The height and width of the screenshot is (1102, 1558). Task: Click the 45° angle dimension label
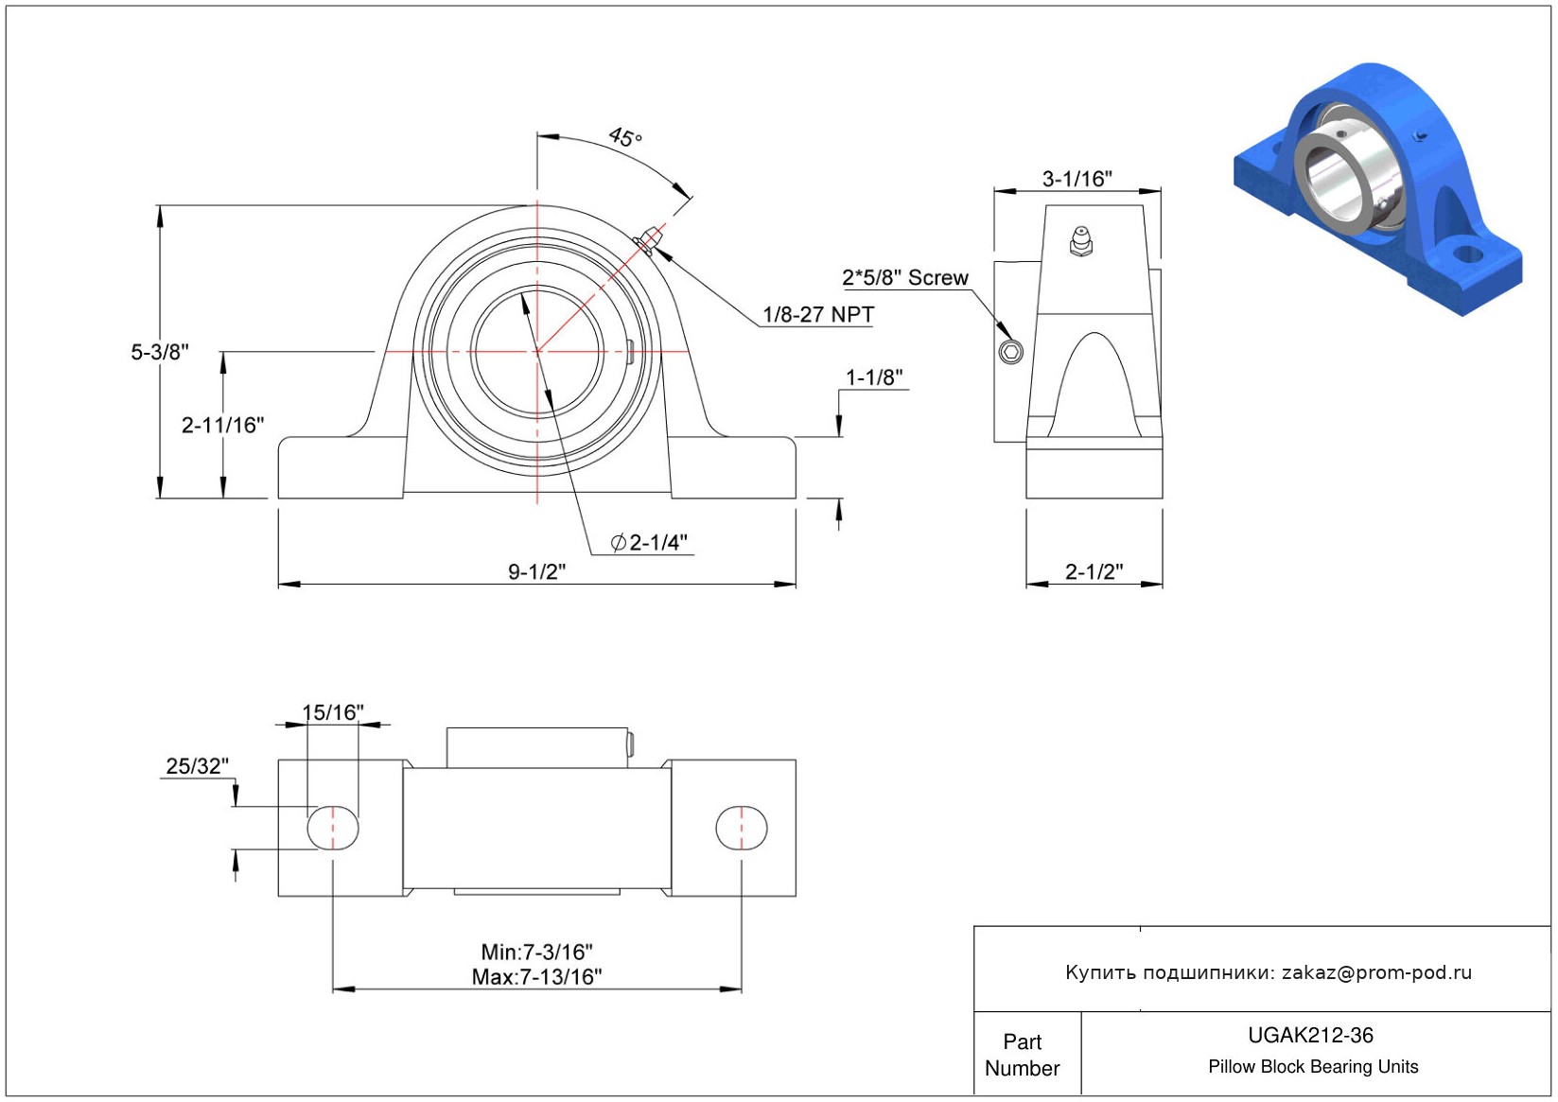[625, 137]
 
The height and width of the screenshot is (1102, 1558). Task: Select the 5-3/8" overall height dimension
[160, 352]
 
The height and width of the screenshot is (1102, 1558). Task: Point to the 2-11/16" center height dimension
[222, 426]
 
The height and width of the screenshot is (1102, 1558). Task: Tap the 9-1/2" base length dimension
[536, 571]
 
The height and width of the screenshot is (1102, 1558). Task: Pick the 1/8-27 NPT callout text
[818, 315]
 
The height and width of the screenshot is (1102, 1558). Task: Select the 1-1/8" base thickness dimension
[874, 378]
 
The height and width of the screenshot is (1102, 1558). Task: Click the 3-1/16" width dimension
[1077, 179]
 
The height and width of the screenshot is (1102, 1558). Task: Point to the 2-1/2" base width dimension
[1094, 571]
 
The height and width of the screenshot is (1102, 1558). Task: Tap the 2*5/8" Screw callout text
[905, 278]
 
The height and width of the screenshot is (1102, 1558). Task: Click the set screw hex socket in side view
[1010, 353]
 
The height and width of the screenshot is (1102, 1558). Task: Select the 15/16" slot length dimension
[332, 712]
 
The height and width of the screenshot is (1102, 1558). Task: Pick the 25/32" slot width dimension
[197, 766]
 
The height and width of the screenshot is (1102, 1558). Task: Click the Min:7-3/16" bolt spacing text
[536, 952]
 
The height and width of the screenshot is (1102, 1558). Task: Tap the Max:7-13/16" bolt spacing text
[536, 977]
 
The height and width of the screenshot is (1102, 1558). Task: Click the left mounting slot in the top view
[333, 829]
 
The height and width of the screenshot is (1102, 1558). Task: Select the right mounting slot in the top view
[741, 829]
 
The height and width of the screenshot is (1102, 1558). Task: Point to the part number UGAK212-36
[1310, 1036]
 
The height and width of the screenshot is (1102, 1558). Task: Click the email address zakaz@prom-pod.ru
[1376, 972]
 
